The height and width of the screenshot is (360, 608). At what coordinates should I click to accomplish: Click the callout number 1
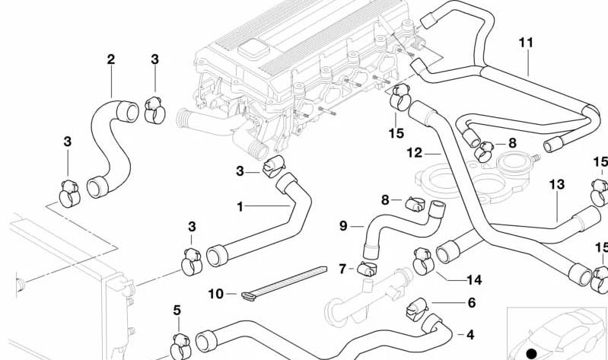pyautogui.click(x=240, y=206)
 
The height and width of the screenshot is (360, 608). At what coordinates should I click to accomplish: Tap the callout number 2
pyautogui.click(x=111, y=59)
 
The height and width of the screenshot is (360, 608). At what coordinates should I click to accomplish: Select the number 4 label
pyautogui.click(x=470, y=334)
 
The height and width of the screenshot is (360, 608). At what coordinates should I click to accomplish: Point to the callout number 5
pyautogui.click(x=177, y=311)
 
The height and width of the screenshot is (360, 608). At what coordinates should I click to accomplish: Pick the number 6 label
pyautogui.click(x=471, y=302)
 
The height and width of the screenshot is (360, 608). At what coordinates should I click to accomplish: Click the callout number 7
pyautogui.click(x=342, y=268)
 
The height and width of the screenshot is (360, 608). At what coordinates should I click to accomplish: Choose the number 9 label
pyautogui.click(x=342, y=226)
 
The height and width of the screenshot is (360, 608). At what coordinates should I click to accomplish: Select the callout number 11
pyautogui.click(x=526, y=42)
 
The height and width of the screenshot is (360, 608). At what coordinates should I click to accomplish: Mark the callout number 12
pyautogui.click(x=414, y=153)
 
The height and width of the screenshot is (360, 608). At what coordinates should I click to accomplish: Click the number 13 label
pyautogui.click(x=556, y=184)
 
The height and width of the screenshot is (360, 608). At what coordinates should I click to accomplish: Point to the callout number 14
pyautogui.click(x=474, y=279)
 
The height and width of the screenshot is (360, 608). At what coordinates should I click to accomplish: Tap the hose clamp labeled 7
pyautogui.click(x=365, y=267)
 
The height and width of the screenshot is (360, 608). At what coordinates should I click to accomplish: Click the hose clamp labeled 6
pyautogui.click(x=415, y=307)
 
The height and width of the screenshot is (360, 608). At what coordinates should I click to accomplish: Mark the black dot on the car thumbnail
pyautogui.click(x=531, y=352)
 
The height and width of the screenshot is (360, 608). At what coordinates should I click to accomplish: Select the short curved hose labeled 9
pyautogui.click(x=396, y=223)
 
